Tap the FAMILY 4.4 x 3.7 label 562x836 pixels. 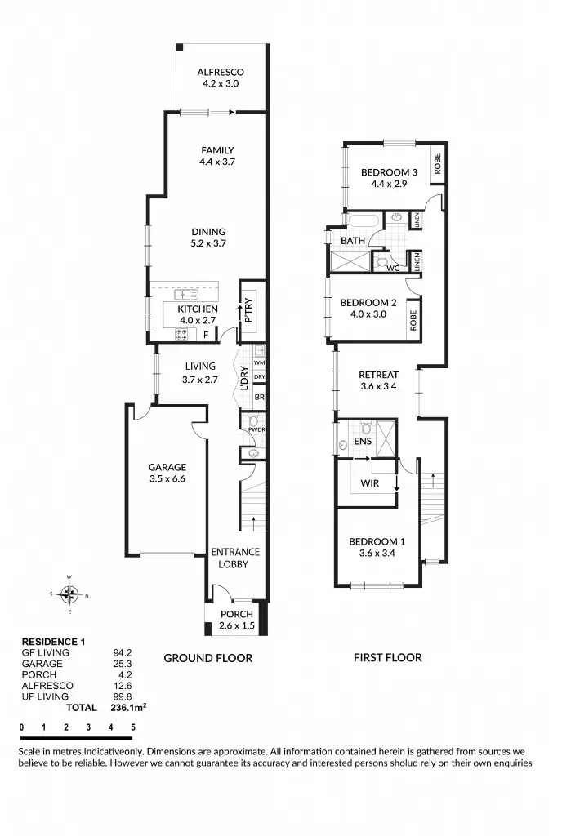point(217,156)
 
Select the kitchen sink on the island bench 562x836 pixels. point(185,294)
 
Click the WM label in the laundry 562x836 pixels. point(259,362)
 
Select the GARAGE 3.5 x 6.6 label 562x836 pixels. point(167,474)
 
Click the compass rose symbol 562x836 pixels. point(69,594)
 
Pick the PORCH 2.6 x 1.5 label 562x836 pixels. point(236,620)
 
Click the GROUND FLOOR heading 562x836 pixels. point(208,657)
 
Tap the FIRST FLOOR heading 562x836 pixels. point(387,657)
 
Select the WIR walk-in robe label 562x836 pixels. point(369,482)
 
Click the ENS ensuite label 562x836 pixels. point(364,442)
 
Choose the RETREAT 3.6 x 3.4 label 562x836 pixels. point(377,380)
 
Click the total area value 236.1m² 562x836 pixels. point(127,708)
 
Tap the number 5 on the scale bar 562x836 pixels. point(132,726)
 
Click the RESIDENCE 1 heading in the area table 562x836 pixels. point(53,642)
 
